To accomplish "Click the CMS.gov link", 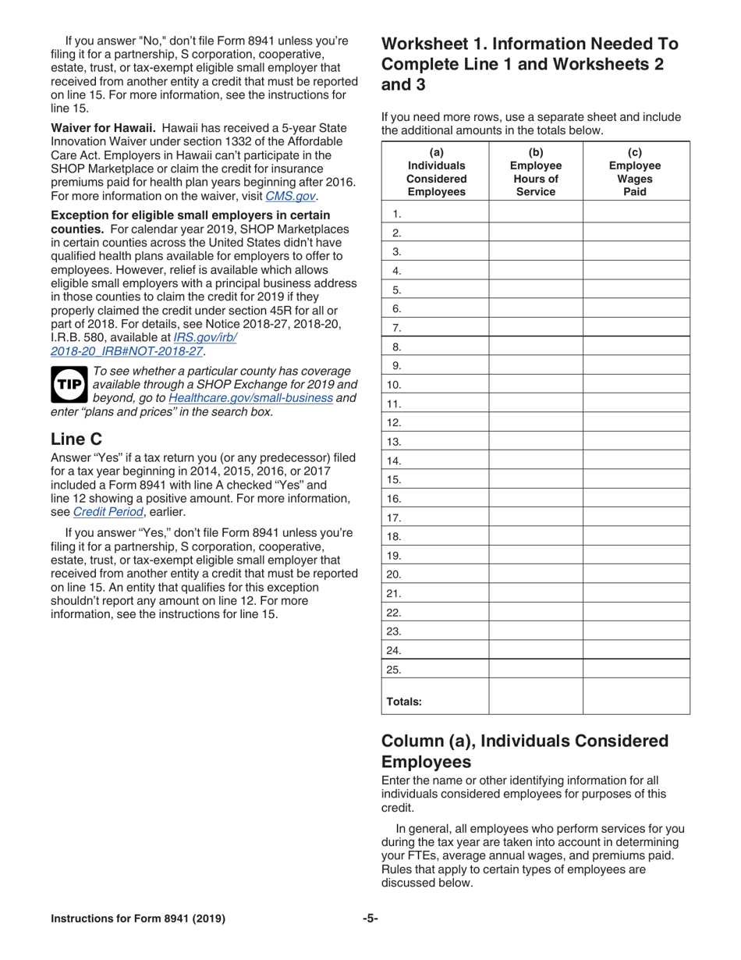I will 291,196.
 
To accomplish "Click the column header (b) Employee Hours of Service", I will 536,171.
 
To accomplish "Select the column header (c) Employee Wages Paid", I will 635,171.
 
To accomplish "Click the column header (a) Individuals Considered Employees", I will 435,171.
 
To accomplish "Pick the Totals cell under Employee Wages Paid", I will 636,695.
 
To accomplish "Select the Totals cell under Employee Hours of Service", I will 536,695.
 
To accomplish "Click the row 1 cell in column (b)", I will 536,213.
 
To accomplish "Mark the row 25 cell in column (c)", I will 636,669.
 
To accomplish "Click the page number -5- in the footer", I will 370,919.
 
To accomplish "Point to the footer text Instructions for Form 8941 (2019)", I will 138,919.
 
